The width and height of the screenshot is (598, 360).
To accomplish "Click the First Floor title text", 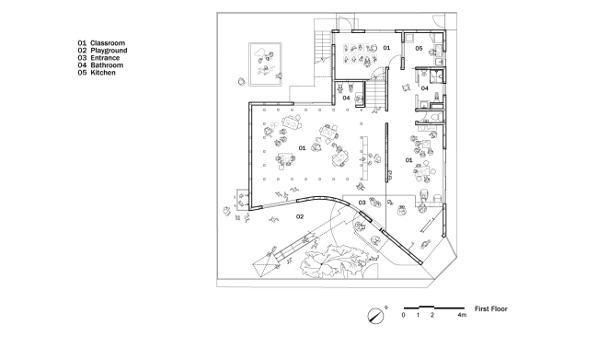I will tap(491, 309).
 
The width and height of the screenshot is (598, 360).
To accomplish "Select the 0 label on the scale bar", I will tap(403, 316).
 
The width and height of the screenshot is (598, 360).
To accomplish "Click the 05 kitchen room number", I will tap(418, 48).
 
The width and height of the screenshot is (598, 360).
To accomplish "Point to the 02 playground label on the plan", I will tap(299, 216).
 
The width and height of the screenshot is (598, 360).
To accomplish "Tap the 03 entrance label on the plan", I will tap(362, 202).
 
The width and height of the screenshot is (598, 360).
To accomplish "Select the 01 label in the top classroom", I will tap(387, 47).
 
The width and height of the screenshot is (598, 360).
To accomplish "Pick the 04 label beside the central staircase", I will tap(347, 96).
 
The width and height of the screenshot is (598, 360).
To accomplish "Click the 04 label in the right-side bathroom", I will tap(425, 89).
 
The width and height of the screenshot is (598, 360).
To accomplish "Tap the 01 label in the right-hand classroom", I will tap(409, 159).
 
